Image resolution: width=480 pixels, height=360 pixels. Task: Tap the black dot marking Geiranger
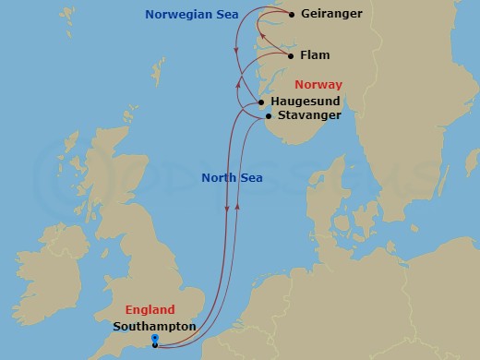(293, 15)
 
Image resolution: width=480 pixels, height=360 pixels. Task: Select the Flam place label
(316, 55)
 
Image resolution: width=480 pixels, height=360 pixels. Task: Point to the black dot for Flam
(292, 55)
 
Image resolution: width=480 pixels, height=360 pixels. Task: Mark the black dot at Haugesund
(262, 102)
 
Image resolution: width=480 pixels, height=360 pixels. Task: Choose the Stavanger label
(309, 115)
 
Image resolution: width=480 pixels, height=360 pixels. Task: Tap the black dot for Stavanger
(269, 116)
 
